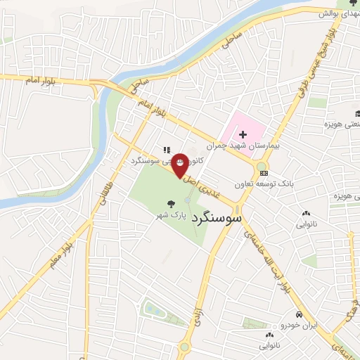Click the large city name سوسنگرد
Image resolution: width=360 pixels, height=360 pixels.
point(215,218)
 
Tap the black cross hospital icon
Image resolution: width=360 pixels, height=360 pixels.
point(243,134)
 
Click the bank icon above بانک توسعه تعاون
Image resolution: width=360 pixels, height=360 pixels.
point(264,172)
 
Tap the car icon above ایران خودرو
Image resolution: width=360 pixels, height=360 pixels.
point(300,314)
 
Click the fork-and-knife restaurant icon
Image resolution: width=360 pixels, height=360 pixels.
point(167,149)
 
